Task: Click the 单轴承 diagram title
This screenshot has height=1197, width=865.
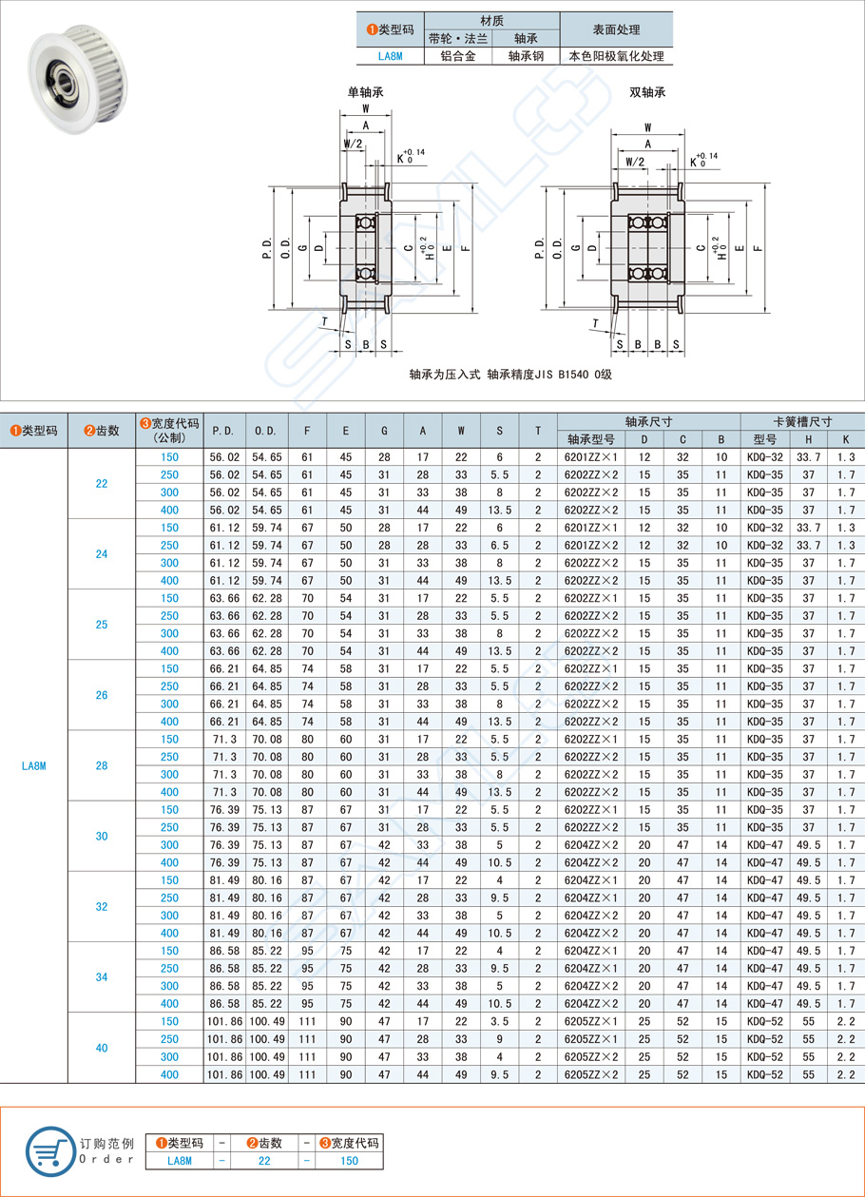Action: click(x=366, y=93)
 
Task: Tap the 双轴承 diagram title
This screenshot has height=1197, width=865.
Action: click(x=647, y=93)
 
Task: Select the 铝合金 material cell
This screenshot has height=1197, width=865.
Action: click(x=457, y=56)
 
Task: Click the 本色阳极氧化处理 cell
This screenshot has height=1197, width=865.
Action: click(x=616, y=56)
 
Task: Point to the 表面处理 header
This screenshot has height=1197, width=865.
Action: click(x=616, y=29)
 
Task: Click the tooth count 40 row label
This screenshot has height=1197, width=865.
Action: click(x=102, y=1048)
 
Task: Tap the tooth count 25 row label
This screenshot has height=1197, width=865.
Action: click(x=102, y=625)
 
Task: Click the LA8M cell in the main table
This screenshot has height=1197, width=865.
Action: click(x=34, y=765)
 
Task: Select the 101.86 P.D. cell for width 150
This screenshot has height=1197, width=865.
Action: click(x=224, y=1021)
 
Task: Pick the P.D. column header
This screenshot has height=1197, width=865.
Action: click(x=224, y=431)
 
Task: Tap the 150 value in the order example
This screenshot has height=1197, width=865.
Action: click(x=350, y=1160)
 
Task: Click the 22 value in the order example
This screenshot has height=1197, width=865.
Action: click(x=259, y=1160)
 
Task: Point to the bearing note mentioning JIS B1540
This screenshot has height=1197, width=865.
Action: click(x=510, y=375)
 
